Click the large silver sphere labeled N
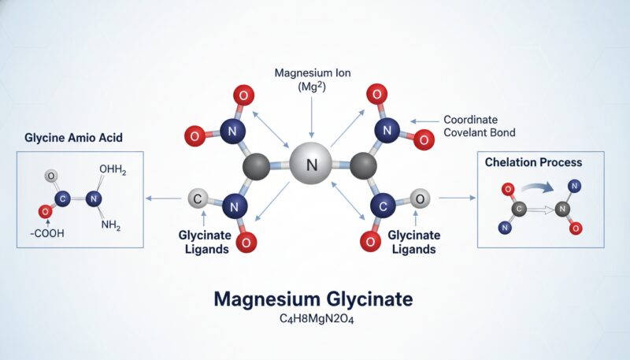click(x=313, y=165)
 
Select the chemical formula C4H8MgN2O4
click(x=314, y=321)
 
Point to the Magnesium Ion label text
click(x=313, y=79)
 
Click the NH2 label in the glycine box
click(x=110, y=227)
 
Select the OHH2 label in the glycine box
click(x=113, y=170)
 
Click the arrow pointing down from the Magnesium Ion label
click(x=313, y=118)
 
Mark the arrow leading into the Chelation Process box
click(x=456, y=199)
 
